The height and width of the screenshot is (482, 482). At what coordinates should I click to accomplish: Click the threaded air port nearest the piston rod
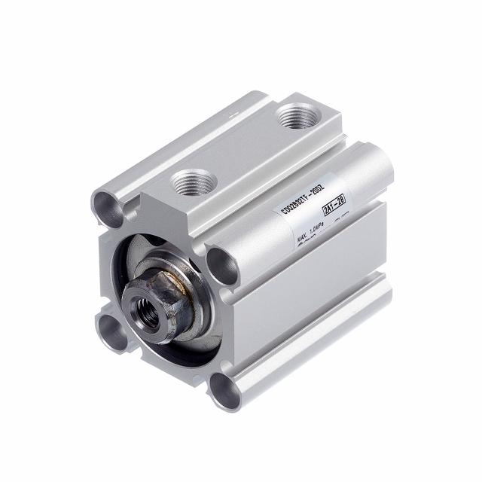[x=187, y=182]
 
